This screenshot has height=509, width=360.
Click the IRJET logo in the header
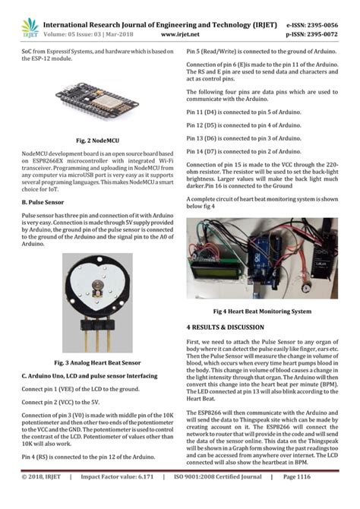pos(30,27)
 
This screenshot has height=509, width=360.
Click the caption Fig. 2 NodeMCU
pos(92,141)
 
